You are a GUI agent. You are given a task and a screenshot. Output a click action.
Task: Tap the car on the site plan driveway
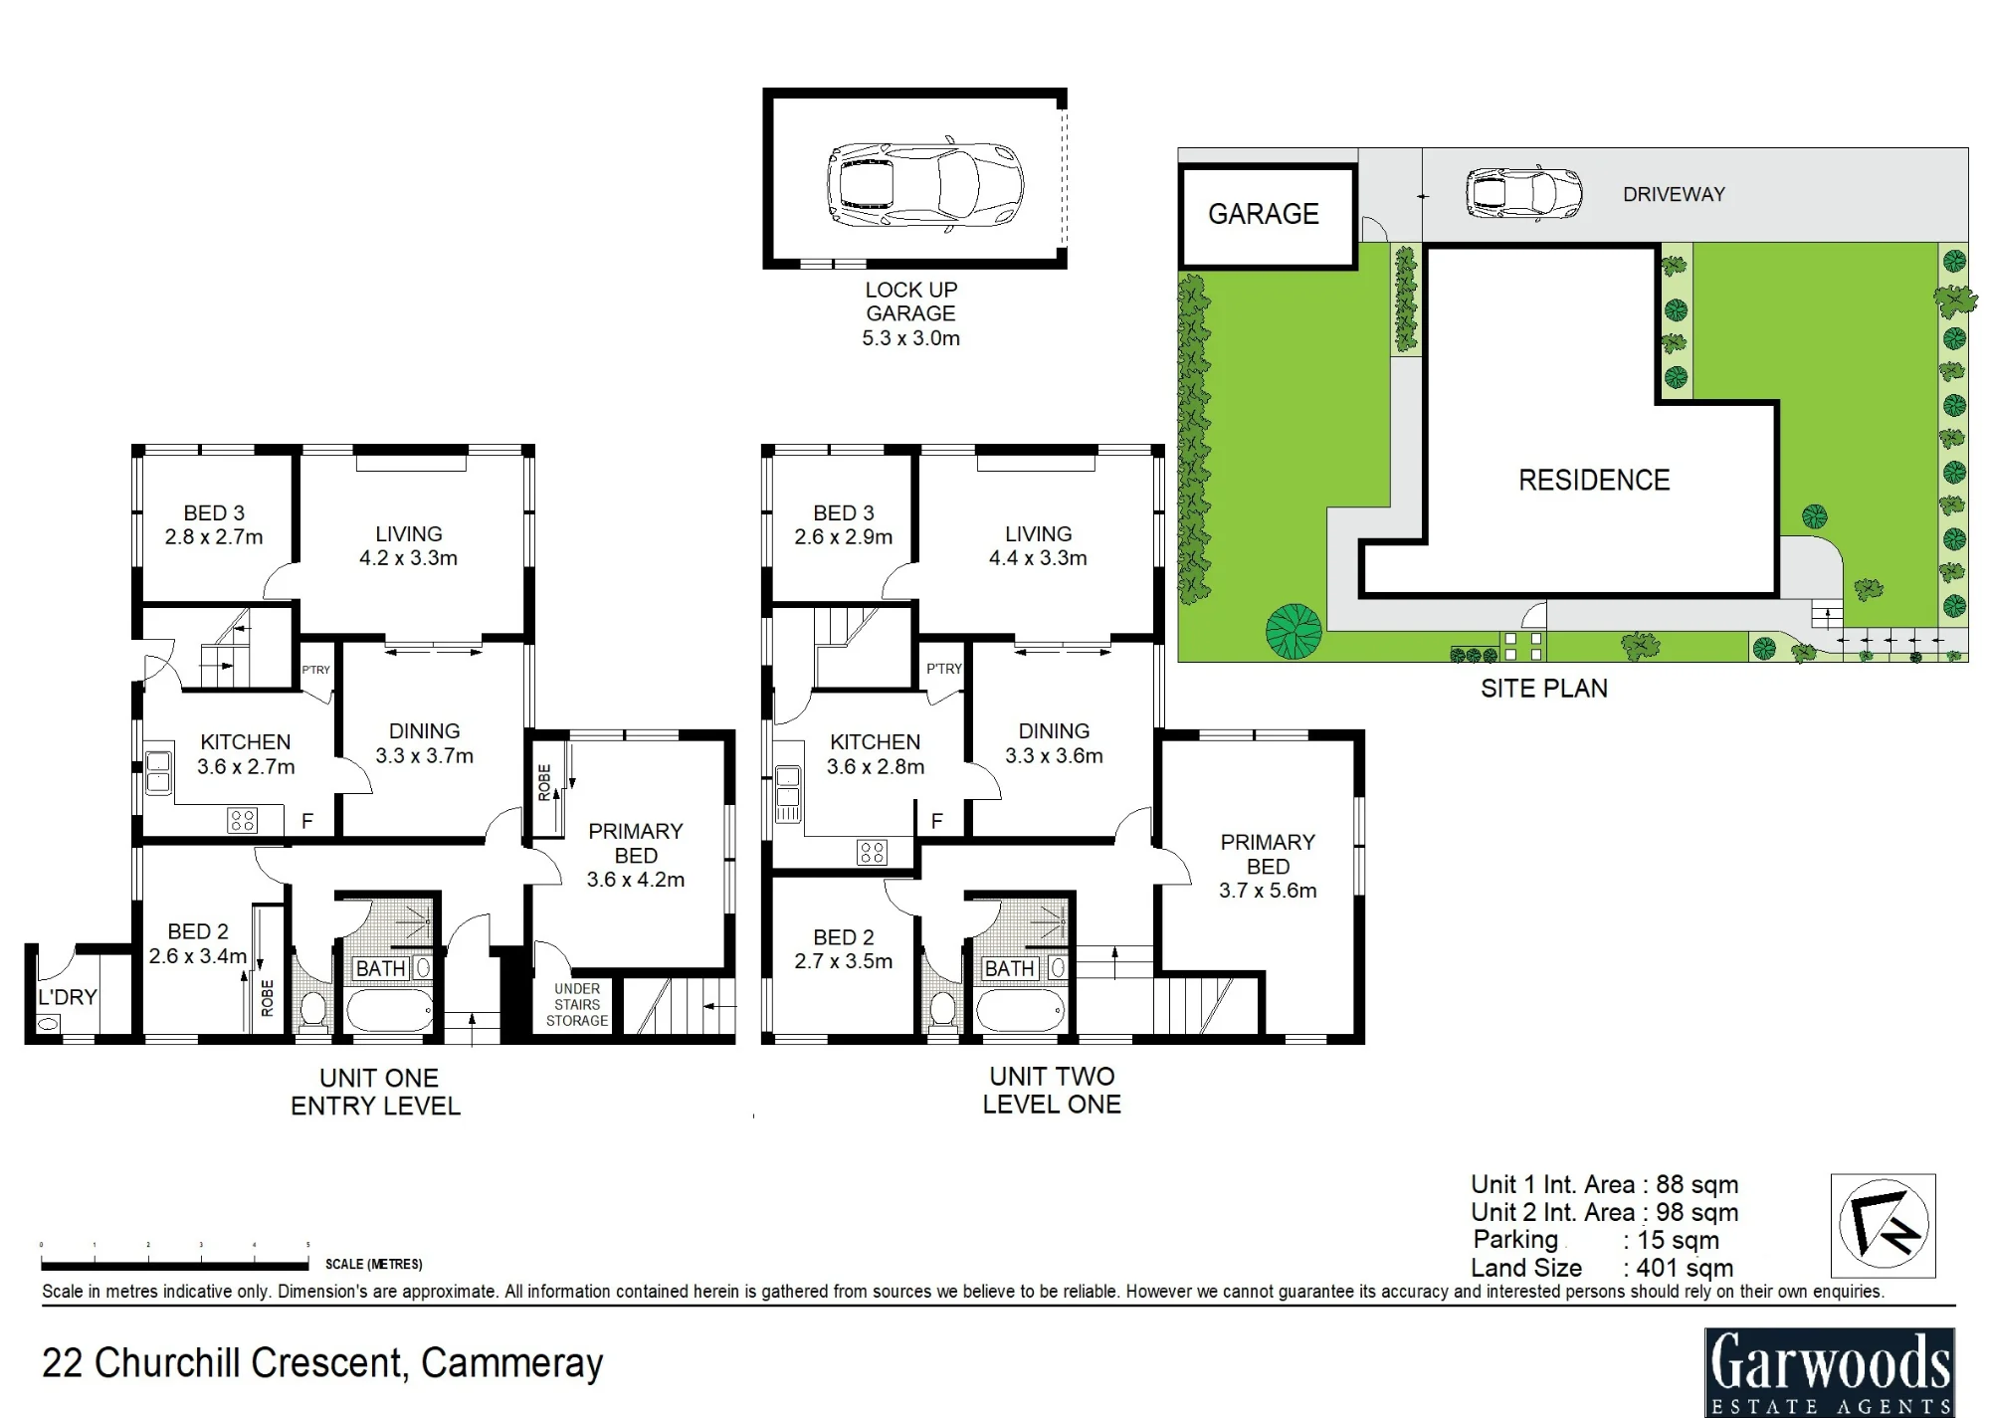[x=1523, y=193]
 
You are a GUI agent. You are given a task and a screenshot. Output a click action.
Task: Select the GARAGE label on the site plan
[x=1264, y=214]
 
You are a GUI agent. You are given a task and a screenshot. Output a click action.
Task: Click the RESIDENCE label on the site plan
[x=1594, y=480]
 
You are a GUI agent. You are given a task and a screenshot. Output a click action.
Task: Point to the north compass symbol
[x=1884, y=1225]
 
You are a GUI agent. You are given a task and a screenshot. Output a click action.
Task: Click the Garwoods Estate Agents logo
[x=1830, y=1372]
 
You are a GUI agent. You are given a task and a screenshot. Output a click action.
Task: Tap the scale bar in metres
[x=175, y=1265]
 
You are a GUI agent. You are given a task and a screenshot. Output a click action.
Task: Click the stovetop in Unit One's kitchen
[x=243, y=820]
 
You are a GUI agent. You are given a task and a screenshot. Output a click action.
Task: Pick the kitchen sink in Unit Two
[x=787, y=793]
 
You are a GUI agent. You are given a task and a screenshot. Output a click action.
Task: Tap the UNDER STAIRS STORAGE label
[x=577, y=1005]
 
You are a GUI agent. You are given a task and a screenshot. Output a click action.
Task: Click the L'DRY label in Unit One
[x=68, y=997]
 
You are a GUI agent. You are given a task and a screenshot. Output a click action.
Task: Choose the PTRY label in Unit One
[x=316, y=670]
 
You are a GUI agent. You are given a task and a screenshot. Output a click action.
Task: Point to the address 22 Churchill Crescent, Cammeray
[x=322, y=1363]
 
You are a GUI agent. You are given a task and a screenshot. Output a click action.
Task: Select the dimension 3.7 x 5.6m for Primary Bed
[x=1268, y=891]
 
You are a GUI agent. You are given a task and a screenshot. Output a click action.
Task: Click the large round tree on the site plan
[x=1293, y=631]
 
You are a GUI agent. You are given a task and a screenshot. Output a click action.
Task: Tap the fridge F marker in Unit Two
[x=936, y=821]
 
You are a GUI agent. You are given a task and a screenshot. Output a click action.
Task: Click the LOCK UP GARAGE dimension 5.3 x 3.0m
[x=910, y=338]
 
